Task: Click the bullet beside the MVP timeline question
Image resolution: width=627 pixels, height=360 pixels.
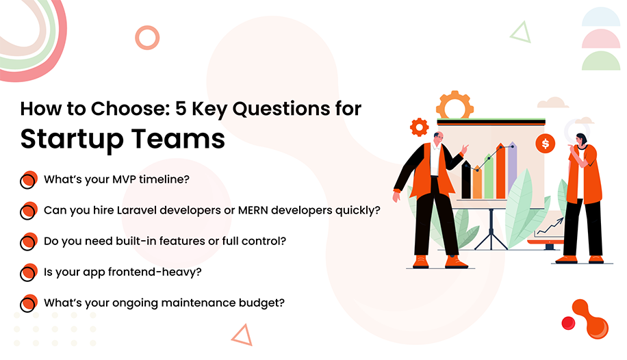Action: click(28, 180)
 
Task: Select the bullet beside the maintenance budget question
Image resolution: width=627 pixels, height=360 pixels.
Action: click(28, 303)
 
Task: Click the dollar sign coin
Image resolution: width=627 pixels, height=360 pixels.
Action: click(546, 144)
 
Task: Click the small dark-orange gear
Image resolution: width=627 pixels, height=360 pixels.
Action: click(419, 127)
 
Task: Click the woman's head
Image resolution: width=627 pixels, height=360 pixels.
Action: click(581, 140)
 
